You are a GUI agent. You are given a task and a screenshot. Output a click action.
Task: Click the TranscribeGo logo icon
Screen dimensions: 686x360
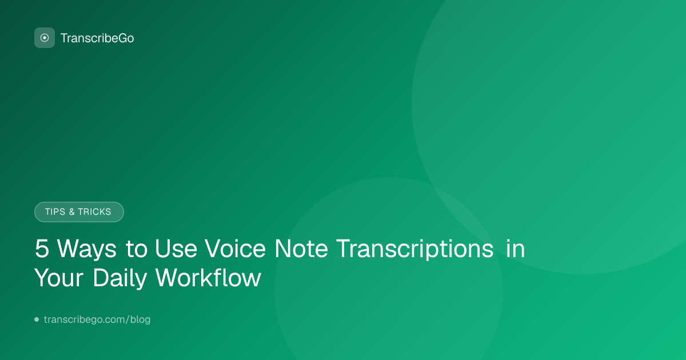click(x=45, y=38)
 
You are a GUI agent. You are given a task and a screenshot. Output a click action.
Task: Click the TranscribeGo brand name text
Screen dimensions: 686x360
click(x=97, y=38)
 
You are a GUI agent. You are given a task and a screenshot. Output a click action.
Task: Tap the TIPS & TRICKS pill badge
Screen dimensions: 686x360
click(x=79, y=212)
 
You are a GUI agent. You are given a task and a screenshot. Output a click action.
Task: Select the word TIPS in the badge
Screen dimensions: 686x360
click(x=55, y=212)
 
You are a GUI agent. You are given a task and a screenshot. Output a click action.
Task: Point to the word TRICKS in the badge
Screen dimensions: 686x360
click(x=94, y=212)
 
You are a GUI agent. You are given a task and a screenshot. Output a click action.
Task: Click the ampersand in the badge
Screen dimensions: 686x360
click(x=71, y=212)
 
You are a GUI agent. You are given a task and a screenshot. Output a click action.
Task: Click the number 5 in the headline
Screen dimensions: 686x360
click(x=42, y=249)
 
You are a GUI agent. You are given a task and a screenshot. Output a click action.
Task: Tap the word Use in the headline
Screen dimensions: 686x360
click(x=176, y=249)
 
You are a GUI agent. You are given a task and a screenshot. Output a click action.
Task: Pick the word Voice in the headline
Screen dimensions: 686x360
click(x=235, y=249)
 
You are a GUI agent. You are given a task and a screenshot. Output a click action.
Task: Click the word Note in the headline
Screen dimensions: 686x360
click(x=301, y=249)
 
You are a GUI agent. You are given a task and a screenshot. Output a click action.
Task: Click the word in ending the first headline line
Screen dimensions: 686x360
click(x=516, y=248)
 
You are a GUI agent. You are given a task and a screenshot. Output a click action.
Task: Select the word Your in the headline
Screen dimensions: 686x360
click(x=59, y=278)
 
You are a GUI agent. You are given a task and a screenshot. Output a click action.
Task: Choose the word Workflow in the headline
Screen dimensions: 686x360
click(x=208, y=277)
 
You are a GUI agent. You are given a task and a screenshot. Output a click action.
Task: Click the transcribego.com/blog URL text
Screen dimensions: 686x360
click(x=97, y=319)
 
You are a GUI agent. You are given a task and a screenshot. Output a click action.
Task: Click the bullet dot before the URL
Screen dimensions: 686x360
click(x=37, y=319)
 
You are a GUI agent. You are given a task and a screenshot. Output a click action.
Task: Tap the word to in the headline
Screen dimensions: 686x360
click(x=136, y=249)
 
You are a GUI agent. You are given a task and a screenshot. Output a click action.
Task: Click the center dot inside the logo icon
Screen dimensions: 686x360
click(x=45, y=38)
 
